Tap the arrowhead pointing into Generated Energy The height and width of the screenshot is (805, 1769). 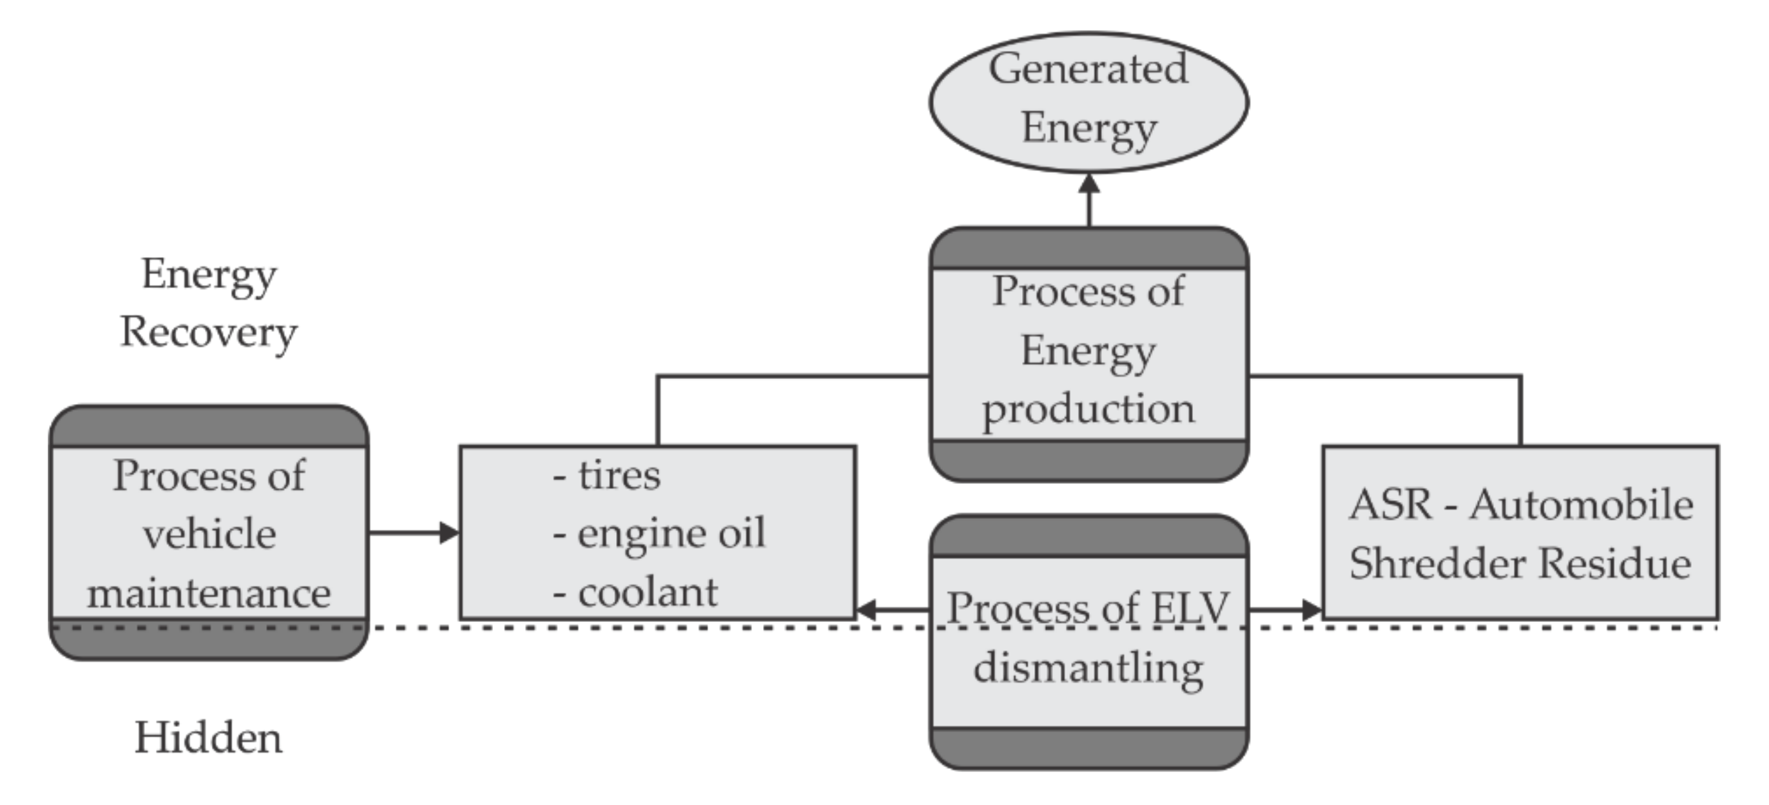tap(1089, 184)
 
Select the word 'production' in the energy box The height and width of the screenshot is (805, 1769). tap(1088, 409)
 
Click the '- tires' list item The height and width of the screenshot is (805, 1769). tap(607, 475)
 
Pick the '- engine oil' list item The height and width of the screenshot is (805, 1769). tap(659, 534)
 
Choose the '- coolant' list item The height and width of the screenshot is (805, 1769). tap(636, 593)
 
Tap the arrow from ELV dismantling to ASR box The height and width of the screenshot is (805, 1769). tap(1284, 609)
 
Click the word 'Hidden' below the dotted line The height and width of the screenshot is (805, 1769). tap(208, 739)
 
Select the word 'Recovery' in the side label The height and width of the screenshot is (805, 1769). tap(208, 333)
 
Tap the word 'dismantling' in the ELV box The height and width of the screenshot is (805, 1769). tap(1088, 668)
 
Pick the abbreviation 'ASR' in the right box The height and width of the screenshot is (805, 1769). tap(1390, 505)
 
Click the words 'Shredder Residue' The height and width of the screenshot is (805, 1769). tap(1520, 564)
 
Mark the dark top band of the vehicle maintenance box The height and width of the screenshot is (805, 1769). tap(209, 427)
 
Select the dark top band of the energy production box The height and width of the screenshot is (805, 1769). tap(1088, 249)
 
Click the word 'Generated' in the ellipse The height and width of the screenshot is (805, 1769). tap(1088, 70)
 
